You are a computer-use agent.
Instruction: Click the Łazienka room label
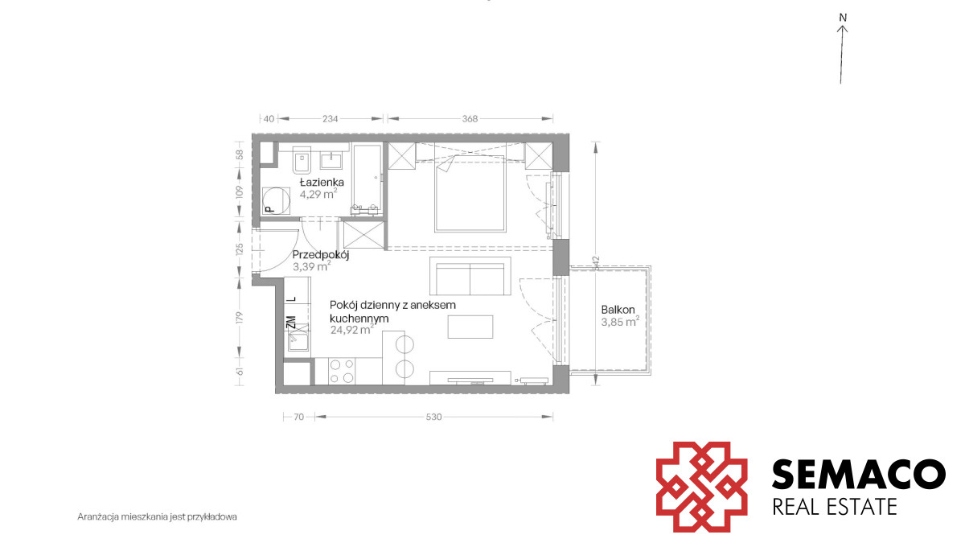coord(322,182)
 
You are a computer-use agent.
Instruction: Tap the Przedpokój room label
coord(321,255)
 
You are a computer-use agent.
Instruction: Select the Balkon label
coord(618,310)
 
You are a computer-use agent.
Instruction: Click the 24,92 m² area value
coord(352,330)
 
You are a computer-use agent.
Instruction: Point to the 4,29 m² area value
coord(318,194)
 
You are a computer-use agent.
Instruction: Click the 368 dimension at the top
coord(470,118)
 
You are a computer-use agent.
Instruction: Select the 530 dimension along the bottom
coord(433,417)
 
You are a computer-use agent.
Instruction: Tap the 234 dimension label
coord(331,118)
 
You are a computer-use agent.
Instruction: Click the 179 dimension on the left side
coord(240,318)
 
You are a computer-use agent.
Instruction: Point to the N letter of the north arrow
coord(843,18)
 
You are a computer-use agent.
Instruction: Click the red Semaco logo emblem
coord(701,487)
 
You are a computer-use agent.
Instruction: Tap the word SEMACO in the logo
coord(858,474)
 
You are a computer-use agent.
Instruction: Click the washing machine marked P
coord(276,200)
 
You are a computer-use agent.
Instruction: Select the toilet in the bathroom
coord(302,160)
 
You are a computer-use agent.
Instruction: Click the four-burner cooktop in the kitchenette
coord(342,371)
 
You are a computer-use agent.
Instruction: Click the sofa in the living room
coord(470,276)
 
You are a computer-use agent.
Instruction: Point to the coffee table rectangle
coord(470,327)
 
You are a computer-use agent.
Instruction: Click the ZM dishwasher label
coord(292,323)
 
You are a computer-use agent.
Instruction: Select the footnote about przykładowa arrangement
coord(158,516)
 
